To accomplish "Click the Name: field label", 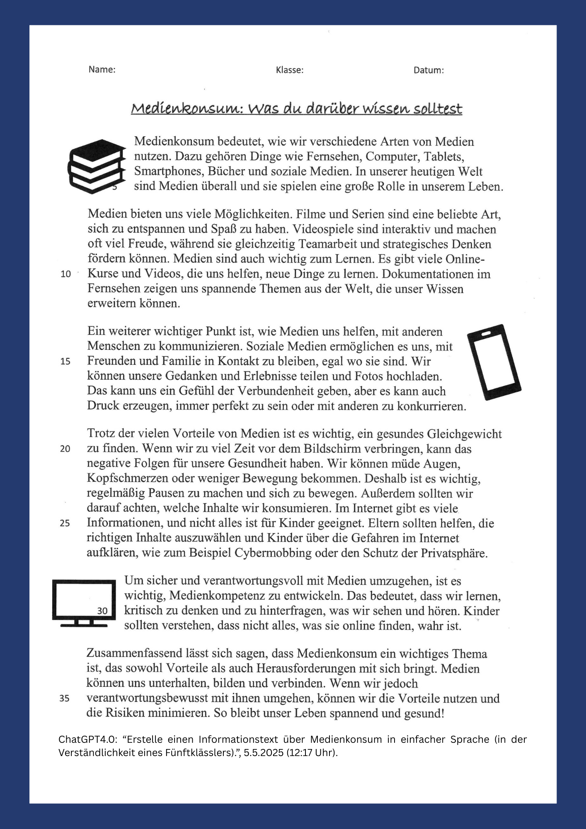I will coord(102,70).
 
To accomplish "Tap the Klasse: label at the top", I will coord(290,70).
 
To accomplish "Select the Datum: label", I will coord(429,70).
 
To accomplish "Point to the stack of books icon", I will coord(97,166).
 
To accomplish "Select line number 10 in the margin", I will coord(66,274).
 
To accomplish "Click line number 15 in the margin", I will coord(65,361).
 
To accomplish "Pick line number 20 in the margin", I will coord(65,448).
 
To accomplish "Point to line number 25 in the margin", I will coord(65,523).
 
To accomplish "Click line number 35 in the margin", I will coord(65,698).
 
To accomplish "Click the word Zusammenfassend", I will coord(136,654).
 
